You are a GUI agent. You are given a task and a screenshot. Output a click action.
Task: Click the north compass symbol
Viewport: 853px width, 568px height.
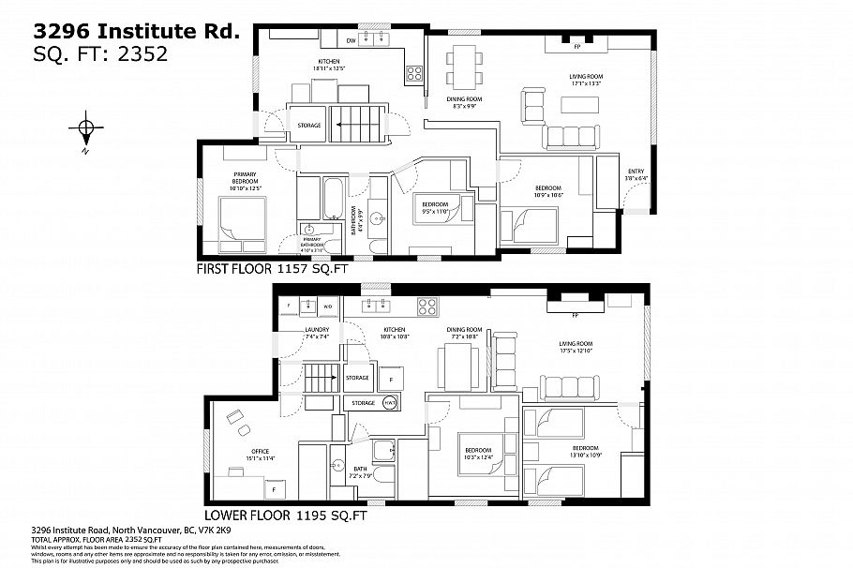coord(85,128)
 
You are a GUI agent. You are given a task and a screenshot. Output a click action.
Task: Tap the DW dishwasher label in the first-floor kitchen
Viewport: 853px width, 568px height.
coord(351,41)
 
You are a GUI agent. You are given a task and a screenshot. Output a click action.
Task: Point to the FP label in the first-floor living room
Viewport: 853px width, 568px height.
coord(577,44)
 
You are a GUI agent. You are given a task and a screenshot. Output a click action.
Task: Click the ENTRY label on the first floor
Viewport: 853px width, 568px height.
coord(635,171)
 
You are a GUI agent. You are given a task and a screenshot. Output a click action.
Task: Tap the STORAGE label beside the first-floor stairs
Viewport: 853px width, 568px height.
coord(309,125)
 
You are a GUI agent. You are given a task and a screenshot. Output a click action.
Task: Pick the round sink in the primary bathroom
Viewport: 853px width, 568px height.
coord(308,229)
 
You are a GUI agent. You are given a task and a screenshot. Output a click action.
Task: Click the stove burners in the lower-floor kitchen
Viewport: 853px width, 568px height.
coord(427,306)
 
